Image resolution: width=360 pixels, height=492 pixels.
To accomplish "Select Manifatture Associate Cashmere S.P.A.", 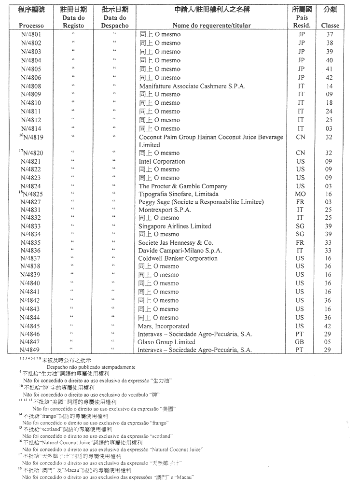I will point(192,86).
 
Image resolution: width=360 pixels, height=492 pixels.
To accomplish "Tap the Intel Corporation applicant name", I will point(162,161).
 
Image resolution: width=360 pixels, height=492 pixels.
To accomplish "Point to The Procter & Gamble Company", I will point(183,186).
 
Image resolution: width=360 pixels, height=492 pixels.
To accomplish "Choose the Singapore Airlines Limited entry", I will point(175,226).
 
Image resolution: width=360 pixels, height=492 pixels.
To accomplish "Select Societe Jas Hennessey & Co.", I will point(176,242).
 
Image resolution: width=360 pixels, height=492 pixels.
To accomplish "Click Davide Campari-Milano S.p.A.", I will point(180,251).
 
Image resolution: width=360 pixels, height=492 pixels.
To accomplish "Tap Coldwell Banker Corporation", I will point(178,258).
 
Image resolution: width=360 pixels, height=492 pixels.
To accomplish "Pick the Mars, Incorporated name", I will point(164,326).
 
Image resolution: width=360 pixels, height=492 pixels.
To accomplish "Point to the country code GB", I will point(301,342).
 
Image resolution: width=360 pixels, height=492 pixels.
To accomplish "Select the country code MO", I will point(301,194).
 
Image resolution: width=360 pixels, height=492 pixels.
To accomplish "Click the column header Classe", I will point(330,26).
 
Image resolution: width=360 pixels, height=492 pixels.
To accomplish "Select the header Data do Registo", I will point(73,21).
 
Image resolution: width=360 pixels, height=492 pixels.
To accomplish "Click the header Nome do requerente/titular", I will point(212,26).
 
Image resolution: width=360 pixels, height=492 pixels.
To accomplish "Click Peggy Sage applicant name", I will point(201,202).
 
